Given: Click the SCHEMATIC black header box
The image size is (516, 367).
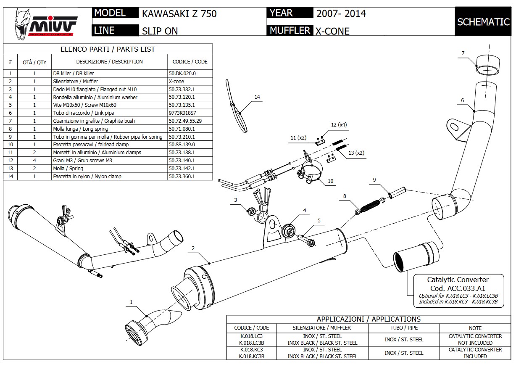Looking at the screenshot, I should point(483,22).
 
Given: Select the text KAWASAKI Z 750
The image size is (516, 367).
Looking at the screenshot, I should point(179,14).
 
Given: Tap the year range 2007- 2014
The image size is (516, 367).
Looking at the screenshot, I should point(341,13).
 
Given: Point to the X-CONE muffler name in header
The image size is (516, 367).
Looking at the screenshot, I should point(332,31).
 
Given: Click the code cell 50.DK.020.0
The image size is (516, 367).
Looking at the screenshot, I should point(182,73).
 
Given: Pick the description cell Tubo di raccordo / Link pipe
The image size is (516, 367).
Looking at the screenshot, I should point(83,113).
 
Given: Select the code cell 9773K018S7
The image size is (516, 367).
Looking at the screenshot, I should point(182,113).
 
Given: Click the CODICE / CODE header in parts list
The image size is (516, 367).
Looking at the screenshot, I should point(190,62).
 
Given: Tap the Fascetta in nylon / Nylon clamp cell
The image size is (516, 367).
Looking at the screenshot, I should point(87,177).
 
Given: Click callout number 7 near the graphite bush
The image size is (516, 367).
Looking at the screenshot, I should point(463,53).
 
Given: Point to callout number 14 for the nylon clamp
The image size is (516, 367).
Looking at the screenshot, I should point(257,97).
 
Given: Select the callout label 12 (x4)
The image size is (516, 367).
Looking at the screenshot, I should point(339,125).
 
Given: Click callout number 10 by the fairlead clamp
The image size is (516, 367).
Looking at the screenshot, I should point(330,181).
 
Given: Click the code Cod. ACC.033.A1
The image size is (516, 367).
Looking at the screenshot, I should point(458,288).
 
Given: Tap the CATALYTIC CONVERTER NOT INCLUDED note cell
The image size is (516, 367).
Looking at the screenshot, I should point(475,340).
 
